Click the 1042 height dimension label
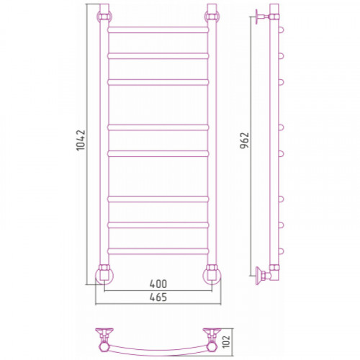tap(81, 140)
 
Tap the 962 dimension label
tap(245, 140)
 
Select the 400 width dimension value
tap(158, 284)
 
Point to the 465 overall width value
tap(158, 297)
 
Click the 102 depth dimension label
tap(226, 341)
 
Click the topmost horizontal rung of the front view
tap(158, 30)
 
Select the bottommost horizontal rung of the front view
tap(158, 251)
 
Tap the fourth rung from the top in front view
tap(158, 127)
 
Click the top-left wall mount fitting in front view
tap(104, 17)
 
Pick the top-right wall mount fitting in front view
tap(212, 17)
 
